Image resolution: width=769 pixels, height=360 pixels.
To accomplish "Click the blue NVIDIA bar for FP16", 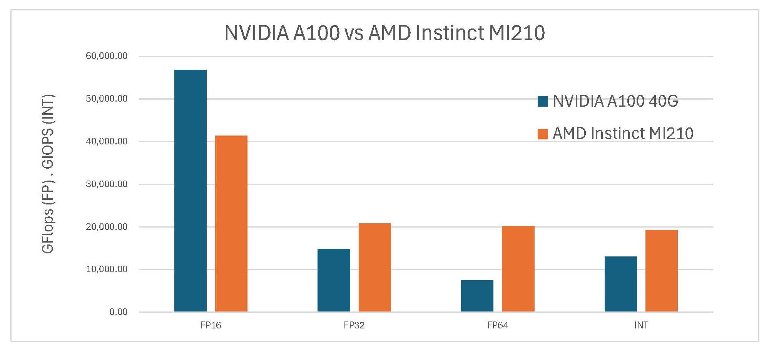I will point(190,191).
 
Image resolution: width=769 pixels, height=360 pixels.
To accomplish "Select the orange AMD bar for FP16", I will point(231,223).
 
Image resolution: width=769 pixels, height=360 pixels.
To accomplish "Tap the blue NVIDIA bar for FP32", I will point(334,280).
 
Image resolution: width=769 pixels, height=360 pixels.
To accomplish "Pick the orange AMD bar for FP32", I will point(374,267).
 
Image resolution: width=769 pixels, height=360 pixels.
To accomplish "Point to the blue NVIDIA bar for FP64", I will point(477,296).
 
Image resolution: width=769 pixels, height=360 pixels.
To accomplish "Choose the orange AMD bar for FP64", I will point(518,269).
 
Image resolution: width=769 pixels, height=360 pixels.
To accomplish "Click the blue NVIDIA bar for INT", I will point(620,284).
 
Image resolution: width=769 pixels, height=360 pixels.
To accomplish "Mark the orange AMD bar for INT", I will point(661,271).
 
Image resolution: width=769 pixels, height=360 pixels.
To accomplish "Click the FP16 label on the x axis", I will point(211,325).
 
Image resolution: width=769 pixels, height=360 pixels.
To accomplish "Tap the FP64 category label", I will point(497,325).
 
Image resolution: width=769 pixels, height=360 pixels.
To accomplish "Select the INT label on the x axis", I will point(641,325).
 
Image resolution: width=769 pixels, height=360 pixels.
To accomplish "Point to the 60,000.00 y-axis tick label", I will point(106,56).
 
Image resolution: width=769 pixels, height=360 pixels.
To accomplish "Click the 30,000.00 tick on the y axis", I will point(106,184).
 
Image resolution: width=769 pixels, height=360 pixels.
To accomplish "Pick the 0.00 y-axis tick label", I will point(118,312).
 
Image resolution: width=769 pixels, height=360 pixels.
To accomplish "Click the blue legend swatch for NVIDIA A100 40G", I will point(543,101).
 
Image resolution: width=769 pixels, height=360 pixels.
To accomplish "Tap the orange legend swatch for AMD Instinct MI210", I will point(543,134).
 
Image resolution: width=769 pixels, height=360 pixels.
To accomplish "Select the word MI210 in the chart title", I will point(517,33).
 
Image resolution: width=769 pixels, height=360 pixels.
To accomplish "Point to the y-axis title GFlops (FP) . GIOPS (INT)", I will point(48,174).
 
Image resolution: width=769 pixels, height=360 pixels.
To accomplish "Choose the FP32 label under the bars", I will point(354,325).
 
